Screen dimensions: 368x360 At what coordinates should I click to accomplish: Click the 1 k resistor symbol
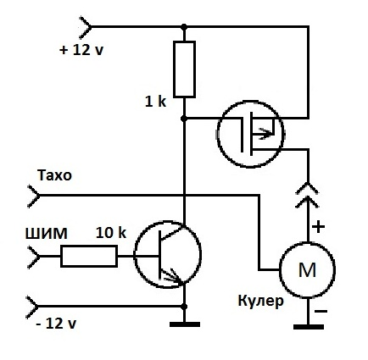(x=184, y=69)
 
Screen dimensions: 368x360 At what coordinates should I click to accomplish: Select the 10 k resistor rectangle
(x=89, y=257)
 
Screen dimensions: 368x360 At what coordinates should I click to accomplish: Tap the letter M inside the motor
(x=307, y=269)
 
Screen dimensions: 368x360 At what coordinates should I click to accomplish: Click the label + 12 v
(x=81, y=50)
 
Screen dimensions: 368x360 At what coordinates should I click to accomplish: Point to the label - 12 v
(x=56, y=323)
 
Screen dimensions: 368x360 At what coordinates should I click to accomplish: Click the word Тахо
(x=54, y=175)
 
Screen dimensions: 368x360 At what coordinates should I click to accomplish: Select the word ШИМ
(x=47, y=234)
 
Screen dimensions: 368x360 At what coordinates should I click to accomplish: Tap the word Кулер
(x=260, y=302)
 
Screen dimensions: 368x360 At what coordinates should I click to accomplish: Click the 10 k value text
(x=111, y=233)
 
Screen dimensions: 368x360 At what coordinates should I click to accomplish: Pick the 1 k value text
(x=155, y=102)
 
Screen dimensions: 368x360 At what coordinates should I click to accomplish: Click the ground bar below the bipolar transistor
(x=185, y=324)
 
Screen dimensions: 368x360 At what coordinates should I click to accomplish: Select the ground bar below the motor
(x=309, y=327)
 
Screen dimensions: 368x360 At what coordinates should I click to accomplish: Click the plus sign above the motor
(x=319, y=226)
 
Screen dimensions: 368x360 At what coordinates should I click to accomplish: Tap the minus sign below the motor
(x=321, y=312)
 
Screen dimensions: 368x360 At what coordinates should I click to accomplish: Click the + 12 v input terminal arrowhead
(x=86, y=27)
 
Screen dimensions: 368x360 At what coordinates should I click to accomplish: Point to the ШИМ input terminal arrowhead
(x=34, y=257)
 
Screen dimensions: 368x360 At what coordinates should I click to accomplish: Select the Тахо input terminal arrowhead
(x=34, y=196)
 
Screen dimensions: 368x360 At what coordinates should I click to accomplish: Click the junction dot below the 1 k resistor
(x=184, y=119)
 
